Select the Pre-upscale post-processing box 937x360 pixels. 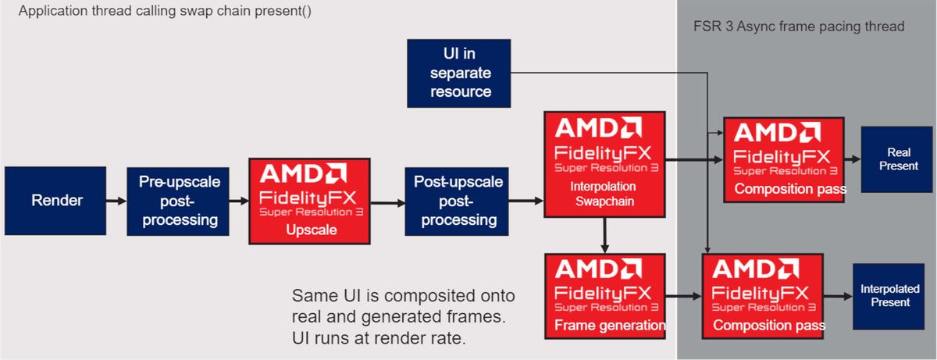[179, 201]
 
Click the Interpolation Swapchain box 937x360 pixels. [604, 164]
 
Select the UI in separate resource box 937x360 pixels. [459, 73]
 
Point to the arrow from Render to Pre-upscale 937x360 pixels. [116, 201]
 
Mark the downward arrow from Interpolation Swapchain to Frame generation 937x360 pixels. [604, 234]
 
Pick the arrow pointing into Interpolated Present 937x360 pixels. [837, 296]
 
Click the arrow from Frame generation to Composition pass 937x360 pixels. [684, 296]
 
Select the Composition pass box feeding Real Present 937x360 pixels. [783, 159]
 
